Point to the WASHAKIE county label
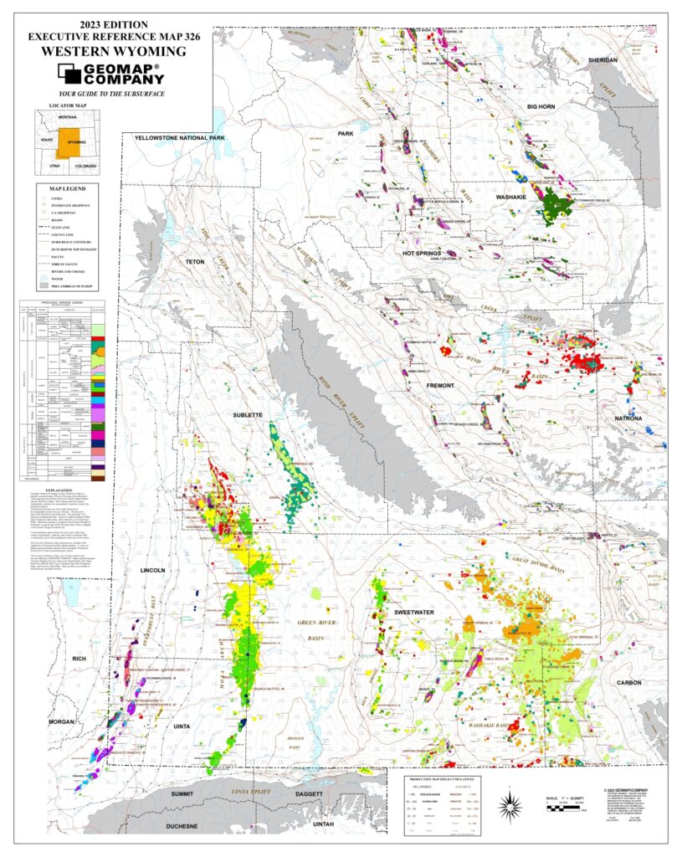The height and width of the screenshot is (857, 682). tap(520, 198)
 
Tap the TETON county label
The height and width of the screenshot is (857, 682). tap(194, 262)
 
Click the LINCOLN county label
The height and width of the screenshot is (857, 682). tap(153, 570)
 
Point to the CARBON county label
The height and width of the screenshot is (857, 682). tap(628, 683)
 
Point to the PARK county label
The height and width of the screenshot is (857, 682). tap(346, 134)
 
